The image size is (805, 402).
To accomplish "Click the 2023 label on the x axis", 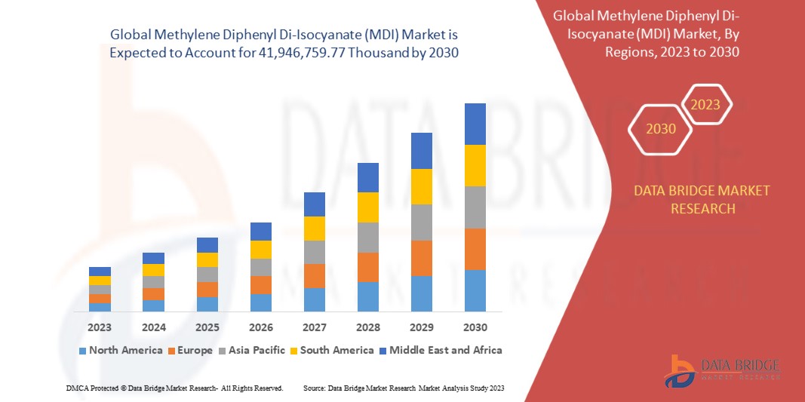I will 100,327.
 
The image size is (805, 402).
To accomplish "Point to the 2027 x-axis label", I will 315,327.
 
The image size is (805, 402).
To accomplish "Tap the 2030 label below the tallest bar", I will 475,327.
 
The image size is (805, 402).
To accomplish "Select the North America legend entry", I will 120,350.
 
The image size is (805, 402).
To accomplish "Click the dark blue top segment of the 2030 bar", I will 475,124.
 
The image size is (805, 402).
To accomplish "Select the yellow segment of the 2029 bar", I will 422,186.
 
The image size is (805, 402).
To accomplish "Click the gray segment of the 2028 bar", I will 368,238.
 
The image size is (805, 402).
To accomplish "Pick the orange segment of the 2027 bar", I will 315,276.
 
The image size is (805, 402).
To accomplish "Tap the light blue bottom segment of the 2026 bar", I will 261,302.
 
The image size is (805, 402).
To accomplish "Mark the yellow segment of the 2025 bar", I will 207,259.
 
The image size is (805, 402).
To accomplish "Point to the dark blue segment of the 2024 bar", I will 153,258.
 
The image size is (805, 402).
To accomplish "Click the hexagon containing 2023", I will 706,106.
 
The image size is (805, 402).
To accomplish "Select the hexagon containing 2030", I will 660,129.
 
